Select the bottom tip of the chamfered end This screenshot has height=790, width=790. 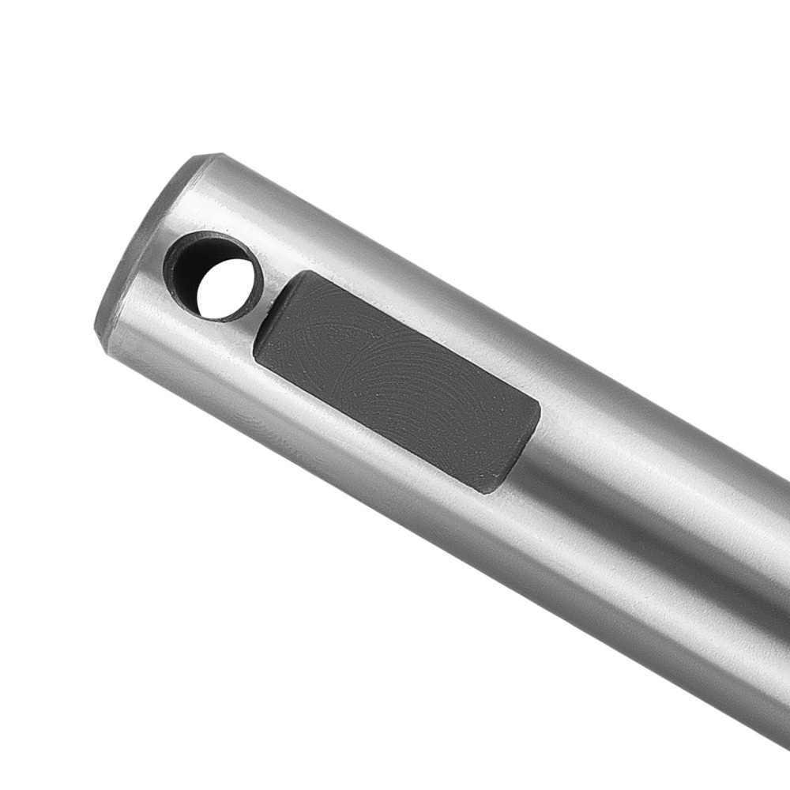[101, 336]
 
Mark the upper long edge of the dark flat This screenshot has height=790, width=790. [415, 337]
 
